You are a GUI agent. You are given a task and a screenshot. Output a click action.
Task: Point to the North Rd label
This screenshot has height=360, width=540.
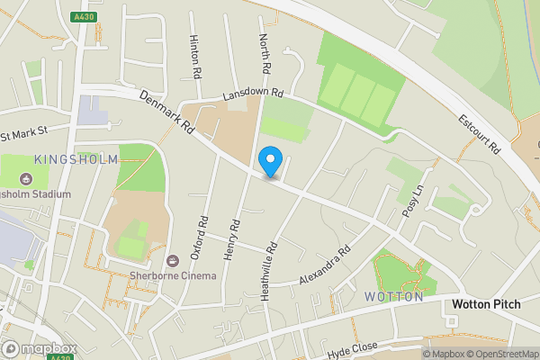[265, 54]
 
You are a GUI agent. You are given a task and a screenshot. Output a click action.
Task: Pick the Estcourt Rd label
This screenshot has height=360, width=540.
[478, 136]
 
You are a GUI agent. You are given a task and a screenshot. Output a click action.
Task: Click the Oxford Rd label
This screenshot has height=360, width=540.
[204, 234]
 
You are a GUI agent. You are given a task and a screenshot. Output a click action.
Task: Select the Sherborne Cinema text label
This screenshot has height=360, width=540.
[173, 274]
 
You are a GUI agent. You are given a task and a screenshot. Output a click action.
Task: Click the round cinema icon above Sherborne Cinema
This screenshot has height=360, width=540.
[173, 260]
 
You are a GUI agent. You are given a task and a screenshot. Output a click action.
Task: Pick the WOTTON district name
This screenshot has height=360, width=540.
[393, 296]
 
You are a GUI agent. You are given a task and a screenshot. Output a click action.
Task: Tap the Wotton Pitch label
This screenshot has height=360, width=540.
[486, 304]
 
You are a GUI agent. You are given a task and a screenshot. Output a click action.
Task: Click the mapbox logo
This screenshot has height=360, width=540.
[39, 348]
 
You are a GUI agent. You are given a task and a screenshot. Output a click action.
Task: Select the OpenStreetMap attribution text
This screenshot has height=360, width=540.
[500, 353]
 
